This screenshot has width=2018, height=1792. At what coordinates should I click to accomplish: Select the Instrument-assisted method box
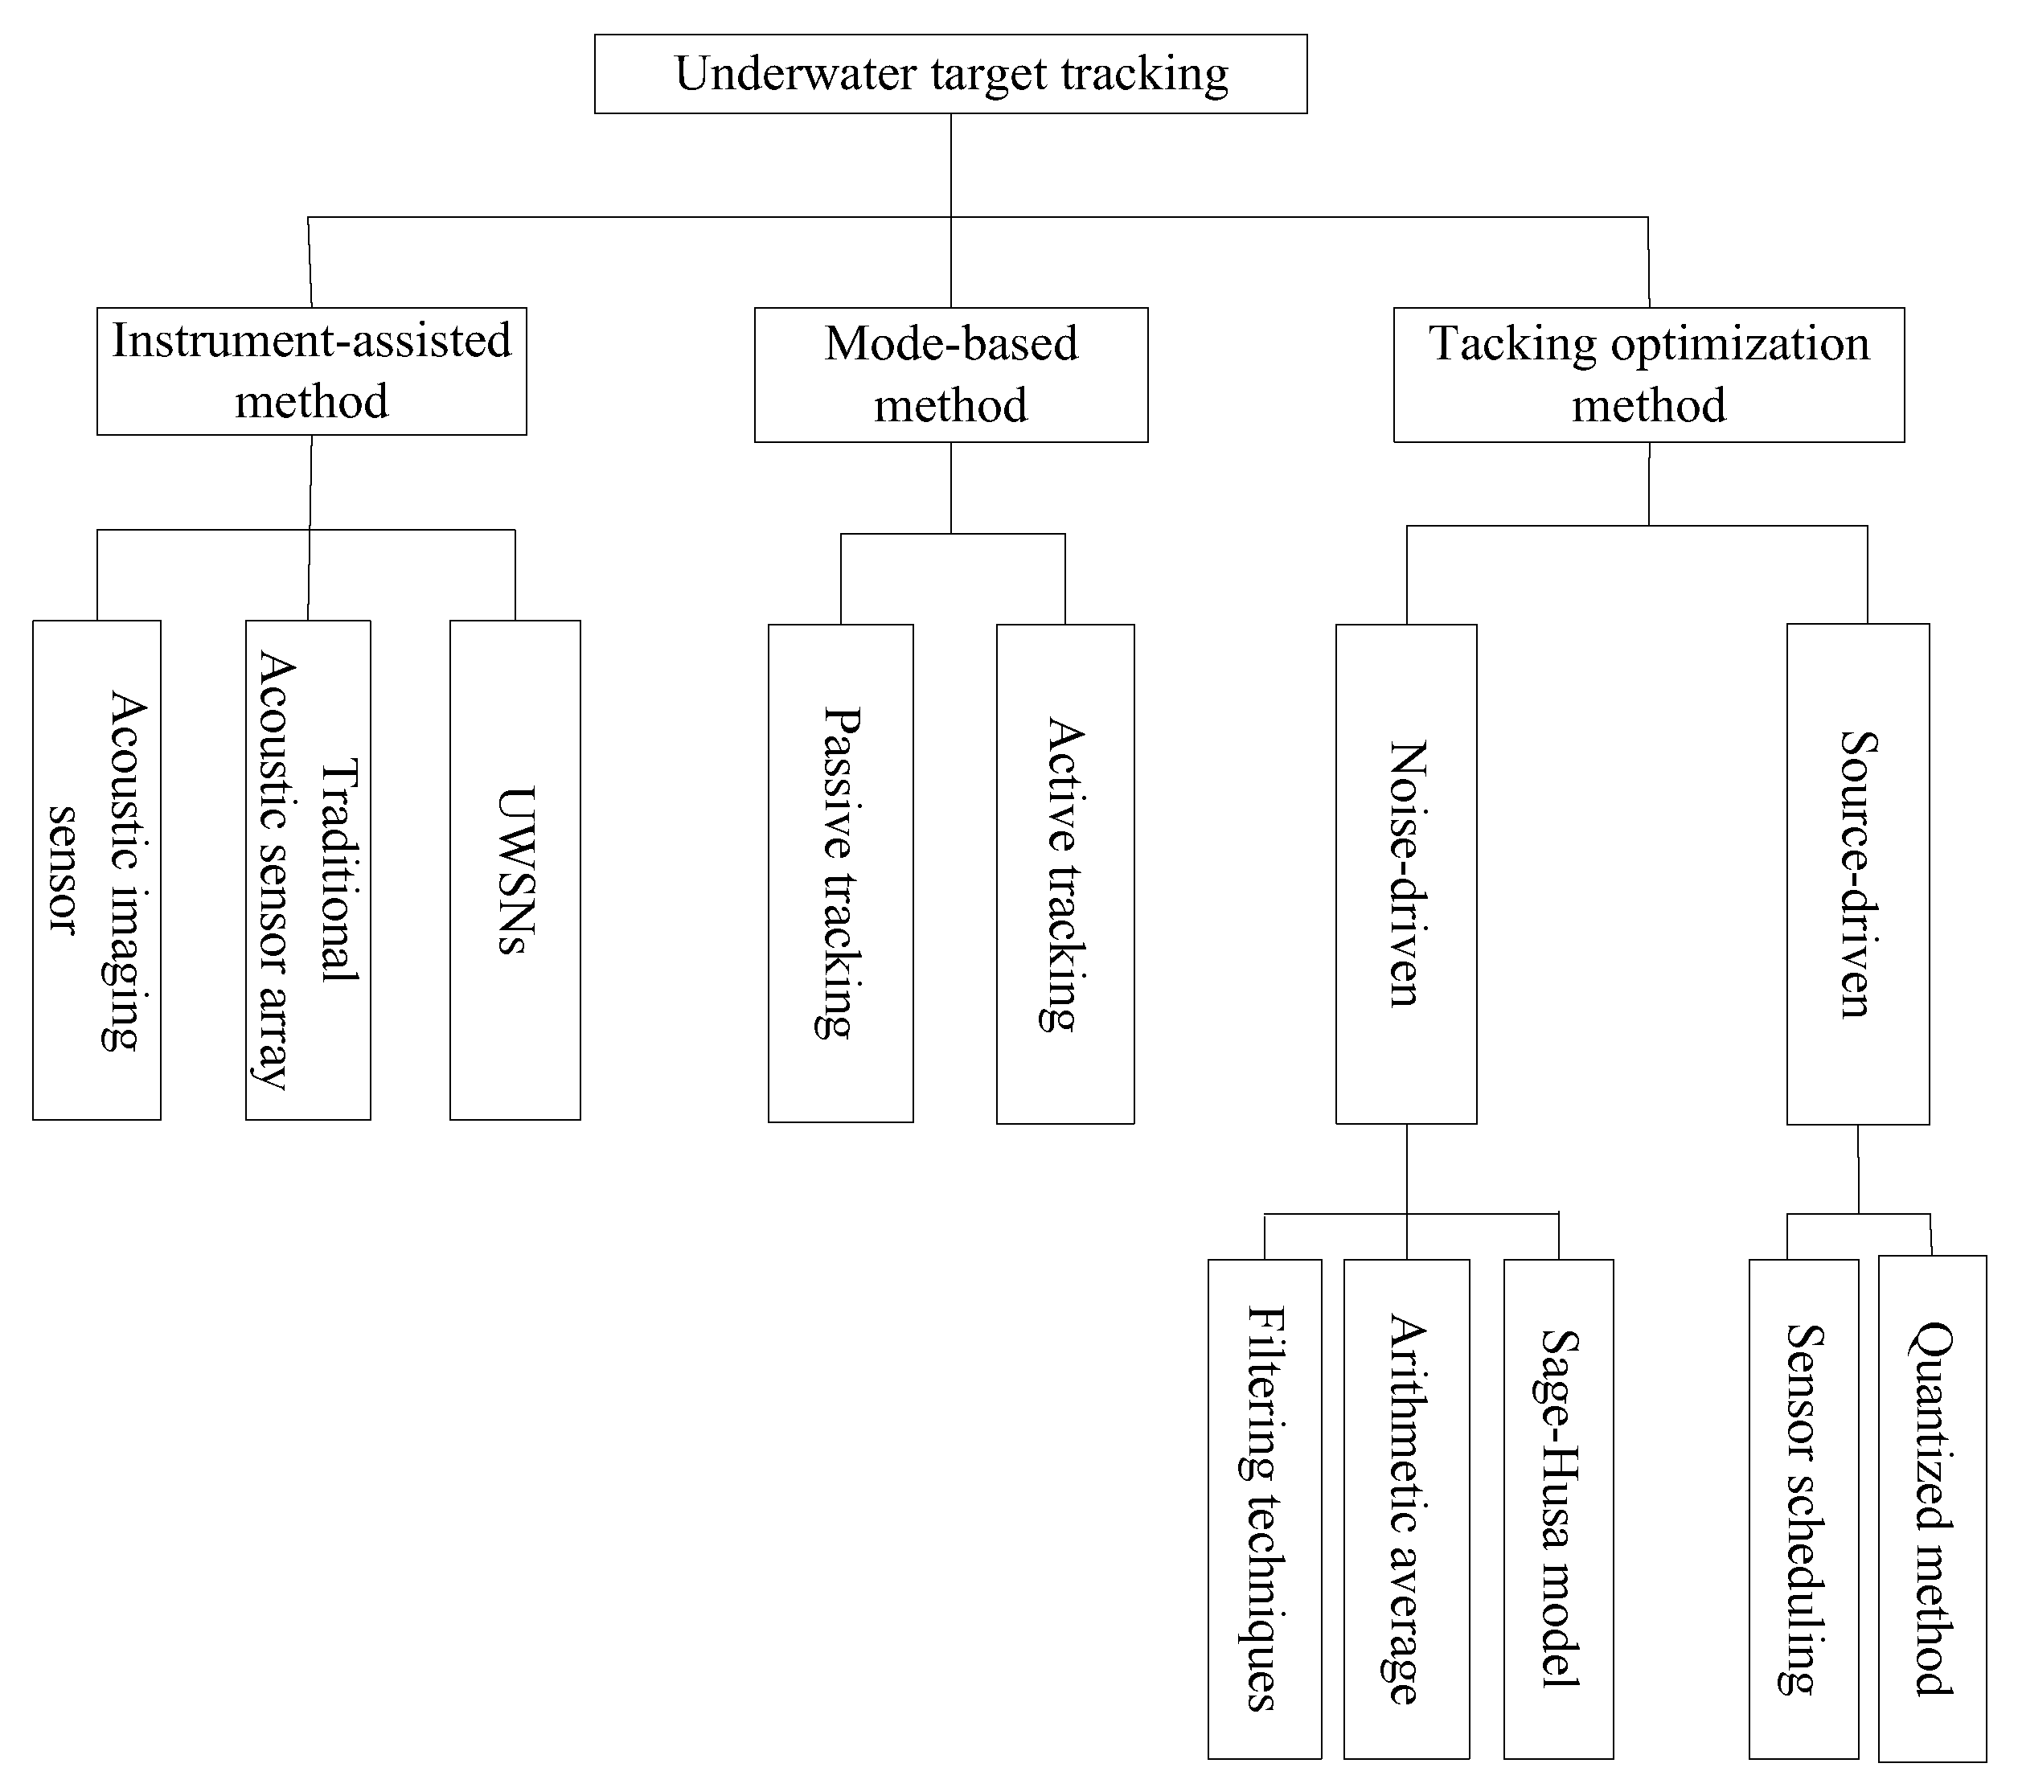pyautogui.click(x=311, y=371)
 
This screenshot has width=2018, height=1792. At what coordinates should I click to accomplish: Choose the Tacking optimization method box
pyautogui.click(x=1648, y=375)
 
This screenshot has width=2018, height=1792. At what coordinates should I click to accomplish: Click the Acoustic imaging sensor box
pyautogui.click(x=96, y=870)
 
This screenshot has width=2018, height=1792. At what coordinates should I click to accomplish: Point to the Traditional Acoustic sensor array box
pyautogui.click(x=308, y=870)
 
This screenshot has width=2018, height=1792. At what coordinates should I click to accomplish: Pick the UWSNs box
pyautogui.click(x=515, y=870)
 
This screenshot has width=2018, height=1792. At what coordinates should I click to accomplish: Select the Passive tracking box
pyautogui.click(x=840, y=873)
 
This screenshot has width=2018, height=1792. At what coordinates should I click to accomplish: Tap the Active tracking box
pyautogui.click(x=1064, y=874)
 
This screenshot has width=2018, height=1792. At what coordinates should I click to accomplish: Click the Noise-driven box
pyautogui.click(x=1406, y=874)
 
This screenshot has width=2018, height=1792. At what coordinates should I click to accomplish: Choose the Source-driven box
pyautogui.click(x=1857, y=874)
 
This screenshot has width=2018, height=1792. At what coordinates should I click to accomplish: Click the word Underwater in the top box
pyautogui.click(x=795, y=74)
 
